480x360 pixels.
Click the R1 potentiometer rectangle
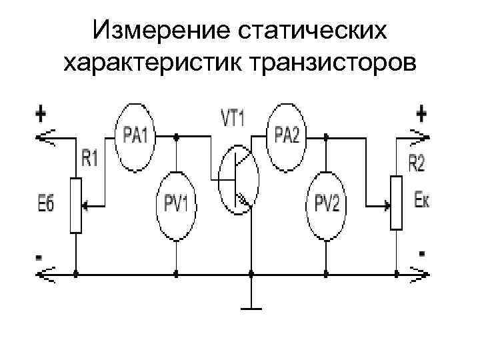coord(76,205)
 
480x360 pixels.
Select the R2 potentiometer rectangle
coord(396,203)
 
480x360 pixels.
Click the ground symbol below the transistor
coord(251,307)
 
